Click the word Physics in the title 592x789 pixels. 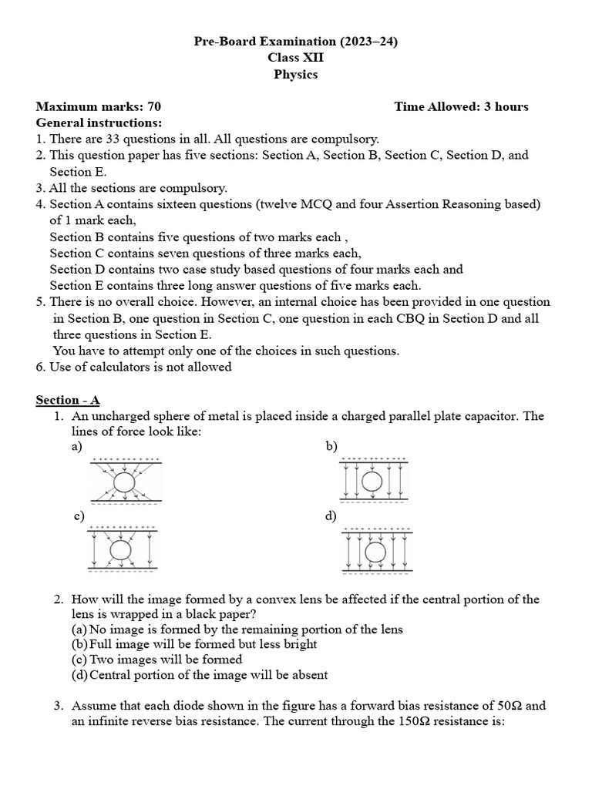click(x=295, y=75)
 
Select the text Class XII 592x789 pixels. click(x=295, y=59)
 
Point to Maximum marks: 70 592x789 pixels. click(x=99, y=106)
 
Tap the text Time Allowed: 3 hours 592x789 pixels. click(x=461, y=106)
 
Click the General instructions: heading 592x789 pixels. click(x=99, y=123)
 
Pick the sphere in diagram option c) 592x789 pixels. click(x=120, y=549)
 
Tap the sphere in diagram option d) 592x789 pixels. click(x=375, y=552)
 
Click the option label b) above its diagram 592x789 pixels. click(x=331, y=446)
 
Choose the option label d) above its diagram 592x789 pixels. click(x=331, y=515)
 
